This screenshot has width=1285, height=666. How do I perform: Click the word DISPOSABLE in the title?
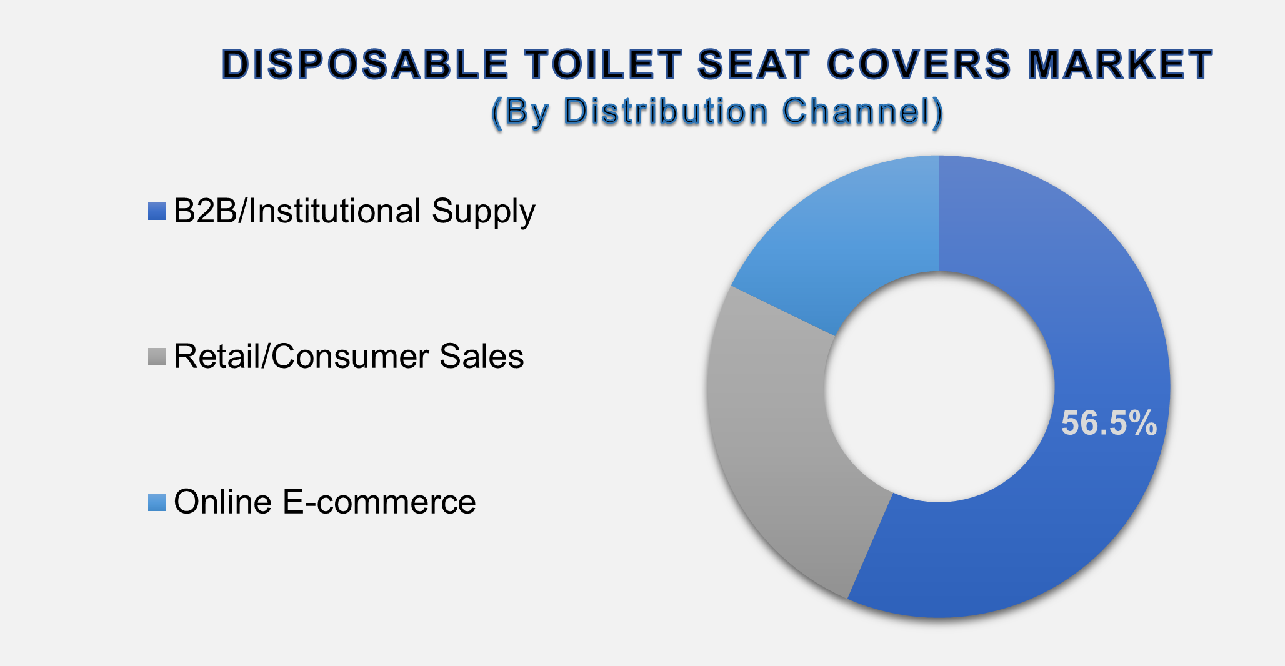365,64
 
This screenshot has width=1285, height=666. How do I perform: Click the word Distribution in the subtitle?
666,112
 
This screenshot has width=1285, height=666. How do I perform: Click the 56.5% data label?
1109,423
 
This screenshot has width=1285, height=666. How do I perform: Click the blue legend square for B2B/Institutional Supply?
157,211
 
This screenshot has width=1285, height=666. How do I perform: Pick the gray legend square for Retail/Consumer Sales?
157,357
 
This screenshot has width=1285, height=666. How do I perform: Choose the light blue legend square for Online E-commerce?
157,502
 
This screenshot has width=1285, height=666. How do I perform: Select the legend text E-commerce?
379,502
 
